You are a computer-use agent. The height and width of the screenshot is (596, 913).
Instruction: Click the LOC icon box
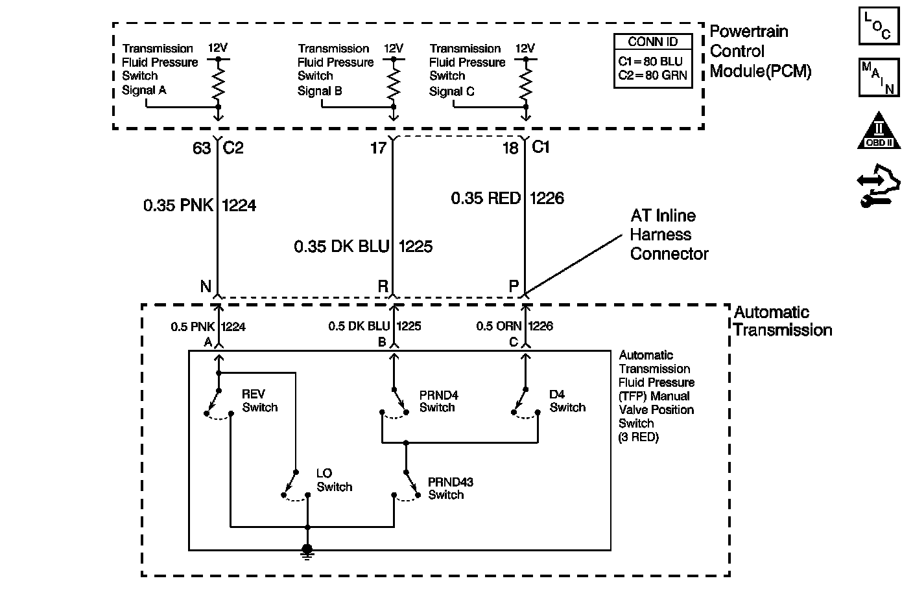[879, 26]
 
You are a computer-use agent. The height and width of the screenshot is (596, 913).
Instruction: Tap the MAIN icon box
[879, 77]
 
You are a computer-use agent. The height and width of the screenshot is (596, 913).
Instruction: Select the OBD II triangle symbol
[879, 131]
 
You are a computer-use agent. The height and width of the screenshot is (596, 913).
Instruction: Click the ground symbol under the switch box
[307, 553]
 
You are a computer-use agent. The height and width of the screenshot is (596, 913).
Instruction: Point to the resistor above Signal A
[219, 83]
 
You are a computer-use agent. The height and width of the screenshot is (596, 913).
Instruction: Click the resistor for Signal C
[526, 83]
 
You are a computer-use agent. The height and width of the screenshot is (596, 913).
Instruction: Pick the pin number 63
[202, 148]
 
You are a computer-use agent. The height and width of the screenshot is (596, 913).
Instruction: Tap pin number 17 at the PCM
[378, 148]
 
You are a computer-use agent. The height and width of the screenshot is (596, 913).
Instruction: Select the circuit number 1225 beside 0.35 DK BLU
[416, 246]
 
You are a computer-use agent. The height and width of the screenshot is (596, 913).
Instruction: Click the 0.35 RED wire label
[486, 198]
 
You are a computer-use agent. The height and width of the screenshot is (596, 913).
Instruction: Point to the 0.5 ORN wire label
[499, 326]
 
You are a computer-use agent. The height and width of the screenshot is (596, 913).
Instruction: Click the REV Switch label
[259, 400]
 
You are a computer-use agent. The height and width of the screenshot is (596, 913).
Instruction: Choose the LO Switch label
[334, 480]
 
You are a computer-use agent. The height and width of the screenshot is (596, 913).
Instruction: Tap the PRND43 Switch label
[451, 488]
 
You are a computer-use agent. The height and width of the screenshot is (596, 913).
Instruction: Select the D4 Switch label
[567, 401]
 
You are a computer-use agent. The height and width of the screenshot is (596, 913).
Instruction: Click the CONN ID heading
[653, 41]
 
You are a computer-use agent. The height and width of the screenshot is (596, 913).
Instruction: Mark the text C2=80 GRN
[652, 75]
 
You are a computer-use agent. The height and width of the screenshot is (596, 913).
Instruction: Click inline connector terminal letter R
[383, 286]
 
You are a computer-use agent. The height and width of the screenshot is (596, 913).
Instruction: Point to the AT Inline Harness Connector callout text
[669, 235]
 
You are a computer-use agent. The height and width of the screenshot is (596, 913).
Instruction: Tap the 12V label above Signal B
[394, 49]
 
